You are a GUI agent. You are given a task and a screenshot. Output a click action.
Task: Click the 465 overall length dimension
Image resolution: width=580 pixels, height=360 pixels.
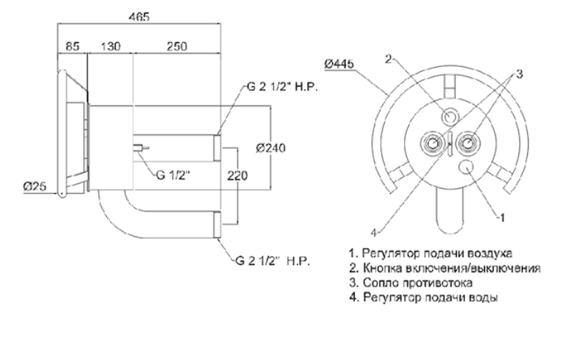click(139, 17)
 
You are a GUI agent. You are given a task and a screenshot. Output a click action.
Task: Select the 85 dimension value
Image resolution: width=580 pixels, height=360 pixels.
click(73, 47)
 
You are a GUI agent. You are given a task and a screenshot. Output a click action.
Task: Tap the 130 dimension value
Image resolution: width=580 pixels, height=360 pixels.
click(111, 47)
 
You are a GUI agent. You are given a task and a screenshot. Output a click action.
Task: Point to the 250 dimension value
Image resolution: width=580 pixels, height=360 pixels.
click(177, 47)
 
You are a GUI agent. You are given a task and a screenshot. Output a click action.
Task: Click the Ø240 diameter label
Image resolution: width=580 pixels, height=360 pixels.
click(271, 148)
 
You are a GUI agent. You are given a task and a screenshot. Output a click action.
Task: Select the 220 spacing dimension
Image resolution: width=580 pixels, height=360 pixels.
click(238, 176)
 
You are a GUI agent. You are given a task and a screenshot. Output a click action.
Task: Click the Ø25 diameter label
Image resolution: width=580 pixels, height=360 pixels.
click(35, 186)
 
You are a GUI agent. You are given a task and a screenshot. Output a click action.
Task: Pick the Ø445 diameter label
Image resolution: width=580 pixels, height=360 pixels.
click(339, 64)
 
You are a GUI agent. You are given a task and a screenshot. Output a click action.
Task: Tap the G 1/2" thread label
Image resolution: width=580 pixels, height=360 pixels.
click(173, 175)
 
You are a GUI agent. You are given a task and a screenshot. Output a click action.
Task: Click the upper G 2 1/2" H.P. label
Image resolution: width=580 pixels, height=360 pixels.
click(282, 88)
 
